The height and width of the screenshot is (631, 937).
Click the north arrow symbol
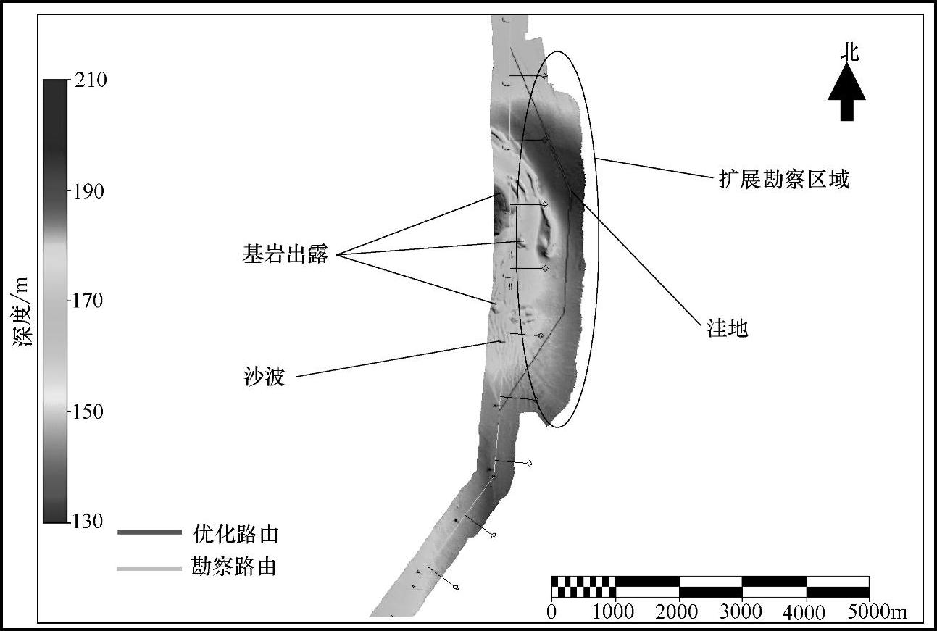pos(846,93)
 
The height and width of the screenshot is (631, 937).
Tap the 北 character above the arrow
pos(849,51)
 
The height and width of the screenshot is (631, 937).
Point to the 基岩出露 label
pos(286,254)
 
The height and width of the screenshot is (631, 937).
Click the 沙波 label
pos(264,377)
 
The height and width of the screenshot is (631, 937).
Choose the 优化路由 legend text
pos(236,535)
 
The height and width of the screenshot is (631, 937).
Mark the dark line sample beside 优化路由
pos(149,532)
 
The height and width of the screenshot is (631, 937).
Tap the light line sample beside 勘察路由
pos(149,569)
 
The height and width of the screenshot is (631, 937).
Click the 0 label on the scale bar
pos(552,611)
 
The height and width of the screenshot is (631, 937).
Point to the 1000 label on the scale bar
pos(613,611)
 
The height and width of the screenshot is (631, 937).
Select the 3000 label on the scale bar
pos(741,611)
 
